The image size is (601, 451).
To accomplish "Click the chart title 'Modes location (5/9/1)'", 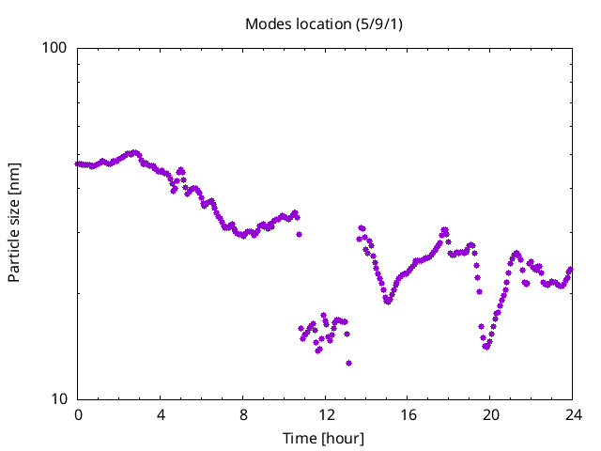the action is coord(324,24).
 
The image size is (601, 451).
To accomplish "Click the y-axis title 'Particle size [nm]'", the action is coord(14,223).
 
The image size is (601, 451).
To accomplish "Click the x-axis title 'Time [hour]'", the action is coord(323,438).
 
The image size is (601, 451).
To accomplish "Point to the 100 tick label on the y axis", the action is coord(54,48).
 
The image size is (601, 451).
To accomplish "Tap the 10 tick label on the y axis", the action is coord(59,399).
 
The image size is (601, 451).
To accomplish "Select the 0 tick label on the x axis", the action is coord(78,415).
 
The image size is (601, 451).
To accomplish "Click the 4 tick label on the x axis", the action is coord(161,415).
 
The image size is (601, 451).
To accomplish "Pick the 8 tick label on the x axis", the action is coord(243,415).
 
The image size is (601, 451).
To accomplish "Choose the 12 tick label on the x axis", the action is coord(326,415).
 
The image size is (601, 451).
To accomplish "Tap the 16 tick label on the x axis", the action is coord(408,415).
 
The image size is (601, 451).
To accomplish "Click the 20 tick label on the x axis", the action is coord(490,415).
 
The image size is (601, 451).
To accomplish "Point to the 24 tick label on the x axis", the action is coord(574,415).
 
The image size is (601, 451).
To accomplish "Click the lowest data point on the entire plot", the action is coord(348,364).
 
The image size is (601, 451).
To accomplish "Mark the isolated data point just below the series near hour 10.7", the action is coord(299,234).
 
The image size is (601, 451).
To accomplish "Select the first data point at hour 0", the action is coord(77,163).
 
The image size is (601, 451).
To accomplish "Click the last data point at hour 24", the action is coord(570,270).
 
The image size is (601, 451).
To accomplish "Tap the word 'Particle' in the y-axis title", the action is coord(14,256).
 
